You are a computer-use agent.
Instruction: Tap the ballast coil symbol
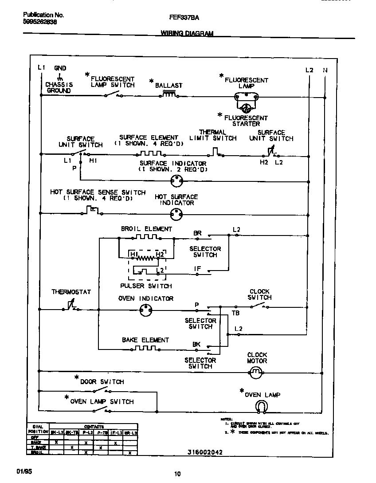click(x=169, y=94)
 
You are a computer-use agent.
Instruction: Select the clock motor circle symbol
click(x=256, y=374)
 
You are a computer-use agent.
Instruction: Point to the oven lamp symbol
click(x=262, y=406)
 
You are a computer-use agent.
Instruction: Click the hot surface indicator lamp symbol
click(x=177, y=215)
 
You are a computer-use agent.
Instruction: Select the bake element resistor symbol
click(x=145, y=349)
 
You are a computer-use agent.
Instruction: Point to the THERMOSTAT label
click(x=71, y=292)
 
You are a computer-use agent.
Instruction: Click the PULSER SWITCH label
click(x=146, y=286)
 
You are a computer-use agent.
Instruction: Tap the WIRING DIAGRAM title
click(x=187, y=33)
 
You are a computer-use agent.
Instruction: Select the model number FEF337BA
click(x=184, y=18)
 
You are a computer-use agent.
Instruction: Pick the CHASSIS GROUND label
click(x=59, y=87)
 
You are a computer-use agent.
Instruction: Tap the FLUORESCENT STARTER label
click(x=246, y=121)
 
